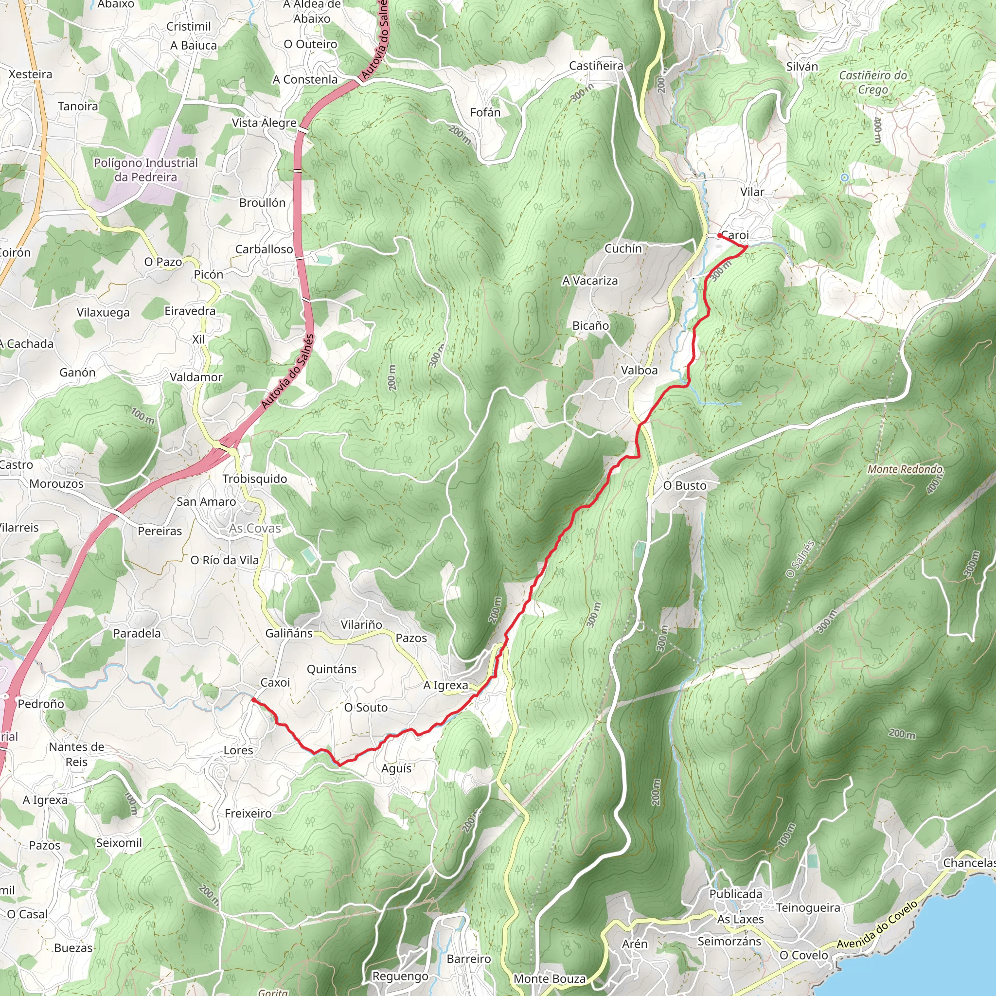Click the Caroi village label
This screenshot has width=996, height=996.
[x=735, y=235]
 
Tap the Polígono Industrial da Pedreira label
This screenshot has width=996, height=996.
[x=146, y=170]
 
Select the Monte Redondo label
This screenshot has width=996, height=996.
[x=905, y=469]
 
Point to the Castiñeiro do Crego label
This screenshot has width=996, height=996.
[x=873, y=83]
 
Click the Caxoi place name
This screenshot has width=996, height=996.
[x=275, y=682]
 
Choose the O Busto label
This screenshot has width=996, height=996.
[x=685, y=486]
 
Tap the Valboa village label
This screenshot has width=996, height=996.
[x=639, y=371]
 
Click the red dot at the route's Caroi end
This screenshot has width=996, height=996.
[x=720, y=235]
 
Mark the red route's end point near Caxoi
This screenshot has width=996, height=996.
[x=253, y=699]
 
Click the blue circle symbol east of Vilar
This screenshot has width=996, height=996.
[x=844, y=178]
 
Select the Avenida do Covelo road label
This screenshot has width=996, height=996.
[x=877, y=931]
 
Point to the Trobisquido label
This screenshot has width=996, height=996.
[x=255, y=479]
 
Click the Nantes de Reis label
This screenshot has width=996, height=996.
[x=76, y=754]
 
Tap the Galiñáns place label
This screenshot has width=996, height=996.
[x=289, y=633]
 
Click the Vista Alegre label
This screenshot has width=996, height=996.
[x=264, y=123]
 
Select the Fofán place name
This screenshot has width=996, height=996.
[x=485, y=112]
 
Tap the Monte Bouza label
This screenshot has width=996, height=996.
[x=550, y=979]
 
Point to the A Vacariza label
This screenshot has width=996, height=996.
[x=590, y=281]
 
